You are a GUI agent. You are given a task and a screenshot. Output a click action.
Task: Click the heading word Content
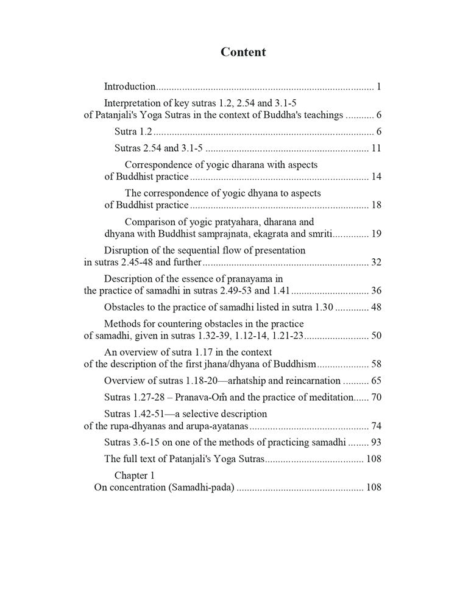click(x=243, y=52)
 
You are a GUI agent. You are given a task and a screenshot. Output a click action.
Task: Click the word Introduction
click(x=130, y=86)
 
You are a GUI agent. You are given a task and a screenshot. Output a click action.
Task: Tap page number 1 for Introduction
click(x=378, y=86)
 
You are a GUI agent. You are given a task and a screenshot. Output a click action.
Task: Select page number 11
click(x=376, y=148)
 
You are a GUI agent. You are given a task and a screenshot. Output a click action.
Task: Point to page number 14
click(x=376, y=177)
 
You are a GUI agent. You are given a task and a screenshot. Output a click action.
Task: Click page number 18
click(x=376, y=205)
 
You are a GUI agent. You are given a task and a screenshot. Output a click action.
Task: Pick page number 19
click(x=376, y=234)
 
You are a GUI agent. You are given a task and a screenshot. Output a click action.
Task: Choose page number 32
click(x=376, y=262)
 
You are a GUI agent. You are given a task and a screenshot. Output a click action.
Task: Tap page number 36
click(x=376, y=290)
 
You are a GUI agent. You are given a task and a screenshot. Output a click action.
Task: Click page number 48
click(x=376, y=307)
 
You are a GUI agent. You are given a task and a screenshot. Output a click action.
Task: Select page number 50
click(x=376, y=336)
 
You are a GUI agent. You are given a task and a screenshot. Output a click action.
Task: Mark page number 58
click(x=376, y=364)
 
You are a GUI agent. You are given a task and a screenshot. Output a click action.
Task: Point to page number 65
click(x=376, y=381)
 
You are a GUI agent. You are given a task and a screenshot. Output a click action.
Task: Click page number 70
click(x=376, y=397)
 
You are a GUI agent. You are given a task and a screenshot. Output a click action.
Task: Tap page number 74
click(x=376, y=426)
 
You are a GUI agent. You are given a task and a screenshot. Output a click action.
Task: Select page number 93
click(x=376, y=442)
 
